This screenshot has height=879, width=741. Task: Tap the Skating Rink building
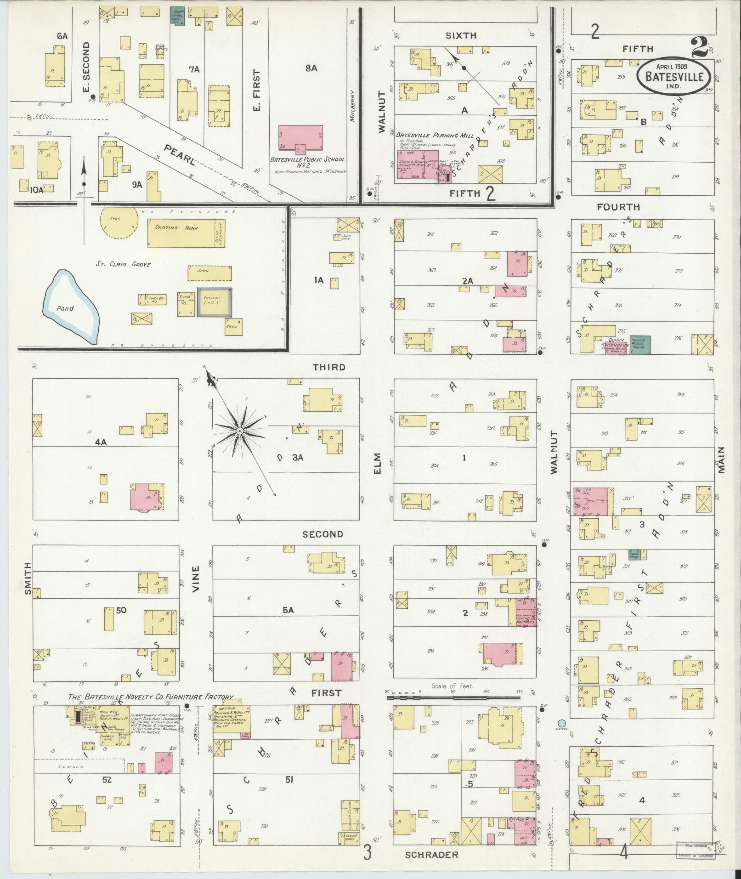(183, 232)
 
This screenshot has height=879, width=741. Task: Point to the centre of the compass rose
(239, 431)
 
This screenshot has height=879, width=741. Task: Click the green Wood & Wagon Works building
(640, 345)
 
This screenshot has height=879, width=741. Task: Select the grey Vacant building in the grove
(214, 302)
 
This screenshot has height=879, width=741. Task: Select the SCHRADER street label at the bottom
(431, 855)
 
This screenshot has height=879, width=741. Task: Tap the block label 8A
(311, 68)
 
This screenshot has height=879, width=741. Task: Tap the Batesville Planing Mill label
(434, 135)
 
